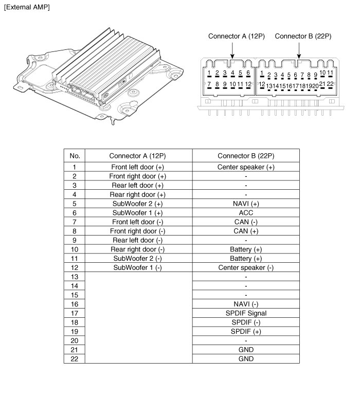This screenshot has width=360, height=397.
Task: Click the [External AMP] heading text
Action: coord(27,7)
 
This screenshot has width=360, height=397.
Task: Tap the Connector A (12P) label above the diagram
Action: coord(236,37)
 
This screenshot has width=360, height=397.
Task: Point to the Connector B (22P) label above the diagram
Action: coord(303,37)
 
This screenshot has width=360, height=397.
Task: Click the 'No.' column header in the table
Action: coord(75,156)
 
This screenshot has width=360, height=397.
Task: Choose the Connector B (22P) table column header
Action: coord(246,156)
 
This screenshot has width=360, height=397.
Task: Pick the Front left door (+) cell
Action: coord(138,167)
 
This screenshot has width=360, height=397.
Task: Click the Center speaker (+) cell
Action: coord(246,167)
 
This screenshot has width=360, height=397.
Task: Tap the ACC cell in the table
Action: coord(246,212)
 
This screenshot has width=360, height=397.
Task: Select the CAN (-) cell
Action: coord(246,222)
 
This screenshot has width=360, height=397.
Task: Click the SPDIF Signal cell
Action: coord(246,313)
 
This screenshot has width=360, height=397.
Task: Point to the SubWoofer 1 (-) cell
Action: coord(138,267)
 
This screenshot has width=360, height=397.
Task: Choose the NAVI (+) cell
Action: coord(246,204)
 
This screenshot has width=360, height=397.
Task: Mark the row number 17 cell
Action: coord(75,313)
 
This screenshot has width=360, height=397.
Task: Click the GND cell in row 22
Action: coord(246,358)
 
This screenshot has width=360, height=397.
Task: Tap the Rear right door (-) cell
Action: coord(138,249)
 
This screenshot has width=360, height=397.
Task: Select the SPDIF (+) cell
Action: coord(246,331)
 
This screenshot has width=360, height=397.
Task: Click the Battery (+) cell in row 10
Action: coord(246,249)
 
